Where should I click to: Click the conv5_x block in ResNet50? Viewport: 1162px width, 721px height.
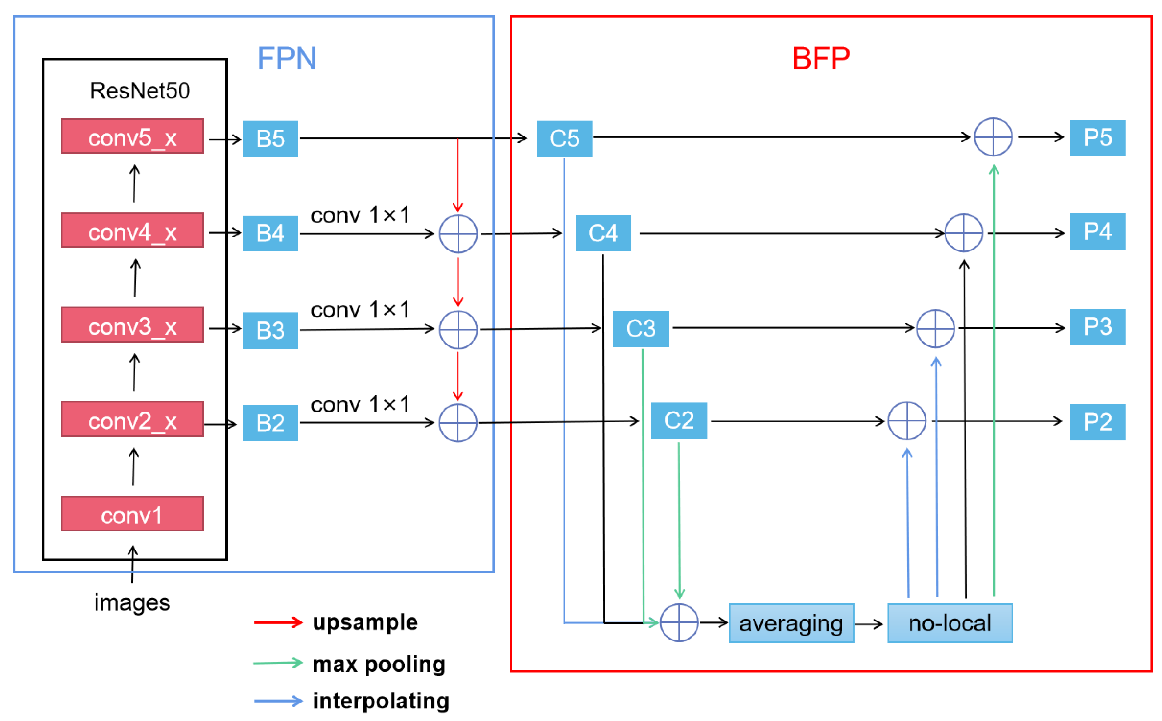(132, 136)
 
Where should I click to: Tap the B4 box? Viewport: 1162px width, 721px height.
(270, 233)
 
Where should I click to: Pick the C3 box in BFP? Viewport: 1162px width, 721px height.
(640, 329)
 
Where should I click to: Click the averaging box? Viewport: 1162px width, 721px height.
(791, 623)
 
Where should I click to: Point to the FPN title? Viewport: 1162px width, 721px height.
(287, 59)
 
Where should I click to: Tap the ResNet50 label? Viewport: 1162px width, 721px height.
(140, 91)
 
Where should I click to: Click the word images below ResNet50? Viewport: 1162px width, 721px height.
(132, 602)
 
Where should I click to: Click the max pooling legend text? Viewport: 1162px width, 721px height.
(379, 664)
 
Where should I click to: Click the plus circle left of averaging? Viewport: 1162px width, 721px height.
(679, 623)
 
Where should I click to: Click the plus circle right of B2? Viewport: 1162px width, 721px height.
(458, 423)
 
